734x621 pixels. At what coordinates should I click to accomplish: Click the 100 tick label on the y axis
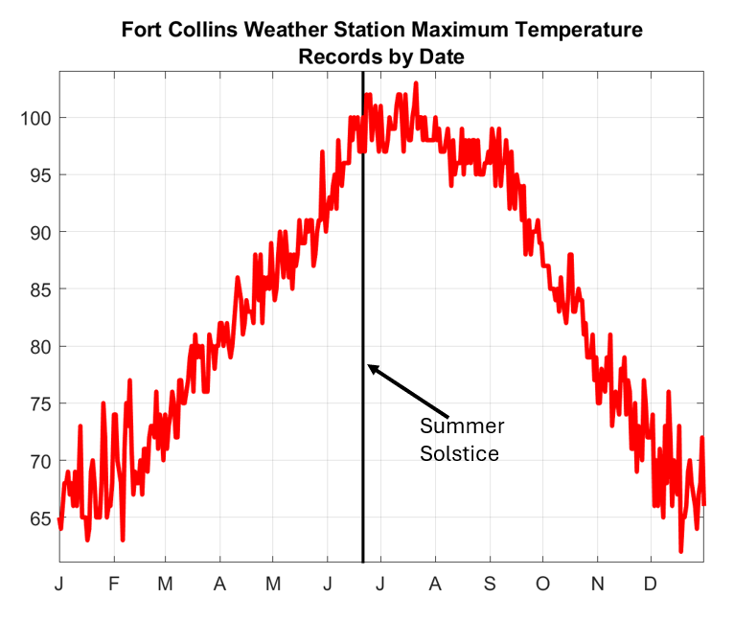(x=35, y=118)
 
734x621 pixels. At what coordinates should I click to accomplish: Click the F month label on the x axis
(x=113, y=583)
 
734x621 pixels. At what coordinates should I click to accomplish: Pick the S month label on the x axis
(x=490, y=583)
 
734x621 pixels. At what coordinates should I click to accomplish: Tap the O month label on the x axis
(x=543, y=583)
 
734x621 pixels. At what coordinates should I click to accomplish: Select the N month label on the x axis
(x=597, y=583)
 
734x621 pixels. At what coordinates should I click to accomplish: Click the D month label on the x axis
(x=650, y=583)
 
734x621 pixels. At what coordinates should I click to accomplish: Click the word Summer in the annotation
(x=462, y=426)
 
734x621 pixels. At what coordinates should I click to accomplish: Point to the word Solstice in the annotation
(x=459, y=453)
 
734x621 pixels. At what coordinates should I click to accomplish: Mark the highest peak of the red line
(x=416, y=83)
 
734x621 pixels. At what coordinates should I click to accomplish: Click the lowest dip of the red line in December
(x=681, y=551)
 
